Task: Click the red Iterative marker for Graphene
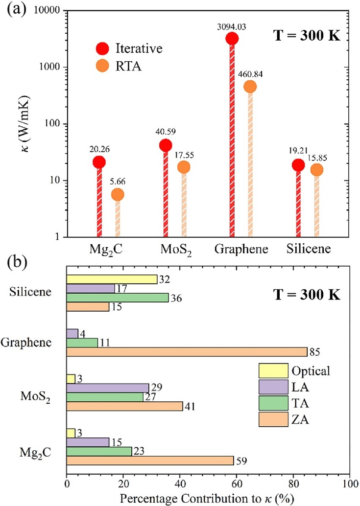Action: tap(232, 38)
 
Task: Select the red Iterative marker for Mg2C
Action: tap(99, 162)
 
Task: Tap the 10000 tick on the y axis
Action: tap(45, 11)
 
